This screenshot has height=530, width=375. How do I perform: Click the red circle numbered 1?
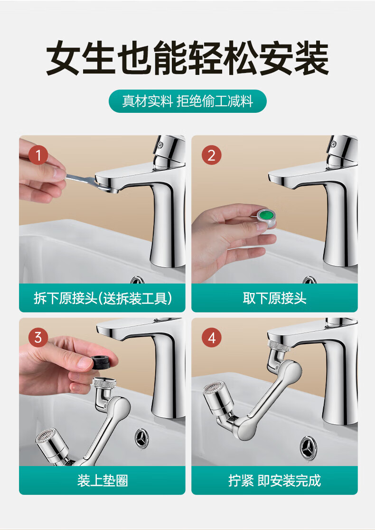click(x=38, y=155)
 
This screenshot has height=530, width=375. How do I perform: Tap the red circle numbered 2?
click(x=212, y=155)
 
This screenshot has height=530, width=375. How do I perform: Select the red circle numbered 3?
click(x=38, y=338)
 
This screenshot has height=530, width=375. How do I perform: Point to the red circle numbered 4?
click(x=212, y=338)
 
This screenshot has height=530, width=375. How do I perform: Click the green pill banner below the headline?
click(x=187, y=101)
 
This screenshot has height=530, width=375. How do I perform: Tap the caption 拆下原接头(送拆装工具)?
click(x=103, y=298)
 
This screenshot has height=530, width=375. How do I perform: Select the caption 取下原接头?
click(x=274, y=298)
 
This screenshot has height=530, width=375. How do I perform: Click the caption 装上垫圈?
click(x=103, y=480)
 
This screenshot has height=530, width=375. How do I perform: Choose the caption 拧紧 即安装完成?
click(x=274, y=480)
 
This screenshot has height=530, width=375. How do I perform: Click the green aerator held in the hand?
click(x=266, y=215)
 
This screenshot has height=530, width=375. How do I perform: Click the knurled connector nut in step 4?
click(x=279, y=346)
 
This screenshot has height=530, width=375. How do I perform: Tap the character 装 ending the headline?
click(x=311, y=58)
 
